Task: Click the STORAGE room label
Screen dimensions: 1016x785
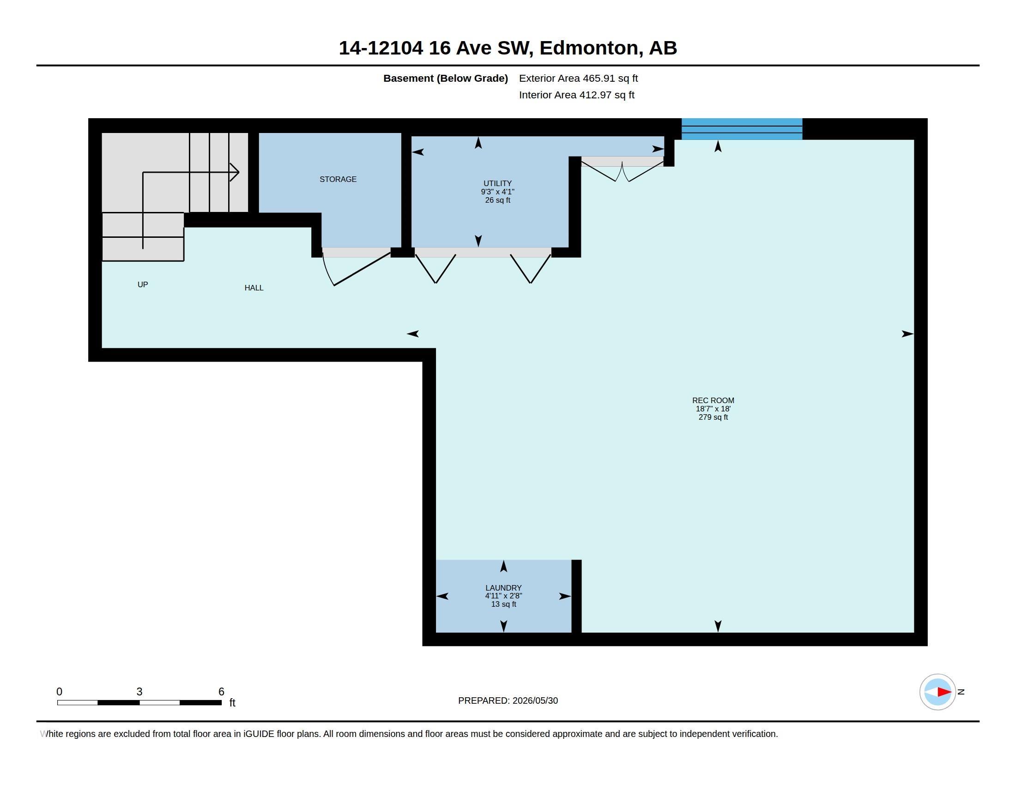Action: [338, 179]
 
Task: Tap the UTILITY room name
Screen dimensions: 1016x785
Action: [497, 183]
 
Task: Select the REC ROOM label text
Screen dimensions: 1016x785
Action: [713, 400]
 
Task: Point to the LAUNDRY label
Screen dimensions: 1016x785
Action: [503, 588]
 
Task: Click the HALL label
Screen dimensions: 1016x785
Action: [254, 288]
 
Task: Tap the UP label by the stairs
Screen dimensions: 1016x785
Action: [143, 284]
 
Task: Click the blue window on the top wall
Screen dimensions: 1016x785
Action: [742, 129]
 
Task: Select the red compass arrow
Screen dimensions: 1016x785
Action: [944, 692]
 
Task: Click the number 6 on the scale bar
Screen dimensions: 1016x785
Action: [221, 692]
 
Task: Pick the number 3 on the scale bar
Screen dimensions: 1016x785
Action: [139, 692]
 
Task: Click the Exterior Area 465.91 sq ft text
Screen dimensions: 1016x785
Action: [578, 78]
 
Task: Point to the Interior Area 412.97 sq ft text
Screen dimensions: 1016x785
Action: [576, 95]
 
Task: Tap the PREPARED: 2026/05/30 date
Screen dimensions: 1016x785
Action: [508, 700]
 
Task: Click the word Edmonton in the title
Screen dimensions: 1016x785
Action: [589, 48]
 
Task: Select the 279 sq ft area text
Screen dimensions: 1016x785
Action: [713, 417]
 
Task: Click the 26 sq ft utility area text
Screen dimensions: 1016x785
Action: [497, 200]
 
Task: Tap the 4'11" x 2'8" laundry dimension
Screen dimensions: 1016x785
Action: [503, 596]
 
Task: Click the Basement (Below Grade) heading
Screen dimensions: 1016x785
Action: [445, 78]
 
